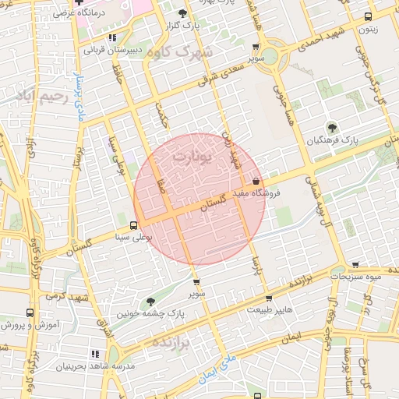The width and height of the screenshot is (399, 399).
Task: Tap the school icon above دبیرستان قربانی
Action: click(113, 37)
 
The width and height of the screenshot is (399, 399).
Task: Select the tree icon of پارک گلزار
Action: click(182, 13)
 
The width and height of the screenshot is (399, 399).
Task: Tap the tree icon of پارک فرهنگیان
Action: click(333, 128)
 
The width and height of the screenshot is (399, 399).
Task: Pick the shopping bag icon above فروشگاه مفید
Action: click(256, 182)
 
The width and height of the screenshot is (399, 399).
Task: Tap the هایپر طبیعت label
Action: click(270, 310)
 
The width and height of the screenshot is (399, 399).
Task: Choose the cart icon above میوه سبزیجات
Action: click(355, 265)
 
